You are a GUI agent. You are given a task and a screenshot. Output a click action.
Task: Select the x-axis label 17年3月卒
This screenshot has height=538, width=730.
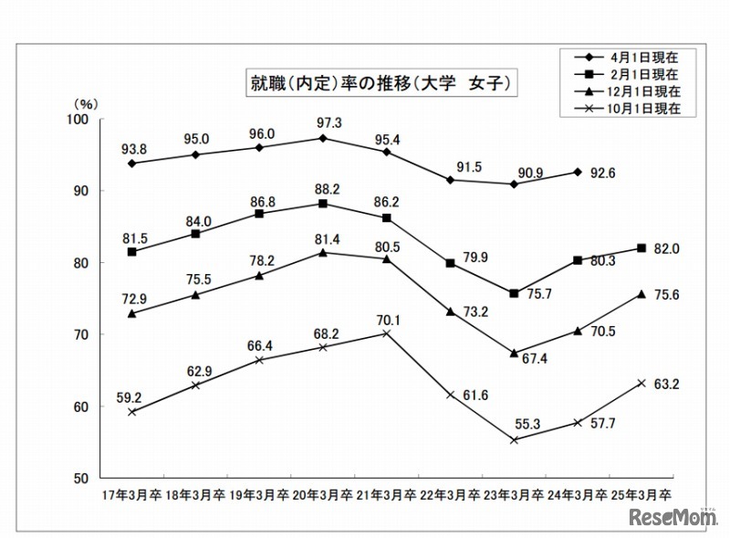(x=131, y=495)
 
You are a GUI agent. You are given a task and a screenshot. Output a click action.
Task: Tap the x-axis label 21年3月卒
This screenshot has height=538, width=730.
(x=386, y=495)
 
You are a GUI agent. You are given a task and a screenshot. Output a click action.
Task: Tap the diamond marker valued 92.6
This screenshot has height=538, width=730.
(x=578, y=172)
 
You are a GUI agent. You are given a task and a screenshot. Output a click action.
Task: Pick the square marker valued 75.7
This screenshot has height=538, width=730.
(x=514, y=293)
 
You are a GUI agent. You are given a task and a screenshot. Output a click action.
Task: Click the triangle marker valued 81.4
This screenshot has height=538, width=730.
(x=323, y=252)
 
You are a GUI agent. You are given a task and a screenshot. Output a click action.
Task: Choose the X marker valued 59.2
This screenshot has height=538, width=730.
(x=132, y=412)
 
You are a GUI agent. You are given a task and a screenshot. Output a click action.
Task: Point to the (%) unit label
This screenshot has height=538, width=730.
(x=89, y=105)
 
